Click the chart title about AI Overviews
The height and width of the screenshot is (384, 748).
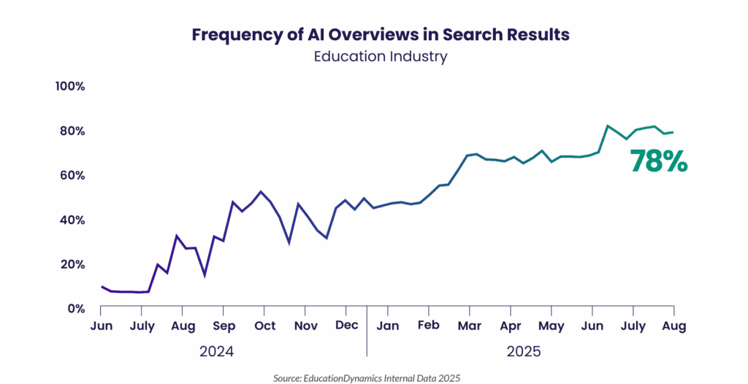pos(380,35)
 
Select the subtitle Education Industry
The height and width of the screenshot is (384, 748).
pos(380,56)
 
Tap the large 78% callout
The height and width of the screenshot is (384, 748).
pos(658,161)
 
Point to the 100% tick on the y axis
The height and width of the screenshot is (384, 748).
pos(71,86)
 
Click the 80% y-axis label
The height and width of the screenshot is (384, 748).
pos(72,131)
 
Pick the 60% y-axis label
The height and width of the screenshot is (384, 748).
pos(72,175)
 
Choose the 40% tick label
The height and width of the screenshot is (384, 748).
pos(72,220)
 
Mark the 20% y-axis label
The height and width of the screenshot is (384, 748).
pos(72,264)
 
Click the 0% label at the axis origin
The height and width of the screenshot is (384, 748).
pos(75,309)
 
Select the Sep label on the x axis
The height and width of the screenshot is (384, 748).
pos(224,326)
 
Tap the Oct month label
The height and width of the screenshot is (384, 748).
pos(265,326)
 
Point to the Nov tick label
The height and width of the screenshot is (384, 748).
pos(306,326)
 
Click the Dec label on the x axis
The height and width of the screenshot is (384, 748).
pos(346,326)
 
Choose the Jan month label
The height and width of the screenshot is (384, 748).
pos(387,326)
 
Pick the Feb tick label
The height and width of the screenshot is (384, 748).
pos(428,326)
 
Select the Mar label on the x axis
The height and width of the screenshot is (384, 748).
pos(469,326)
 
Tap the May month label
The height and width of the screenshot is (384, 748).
pos(551,326)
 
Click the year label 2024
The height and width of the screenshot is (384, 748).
pos(216,352)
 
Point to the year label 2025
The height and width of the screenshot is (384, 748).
pos(523,352)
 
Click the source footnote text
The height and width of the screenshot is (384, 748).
pos(367,378)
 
